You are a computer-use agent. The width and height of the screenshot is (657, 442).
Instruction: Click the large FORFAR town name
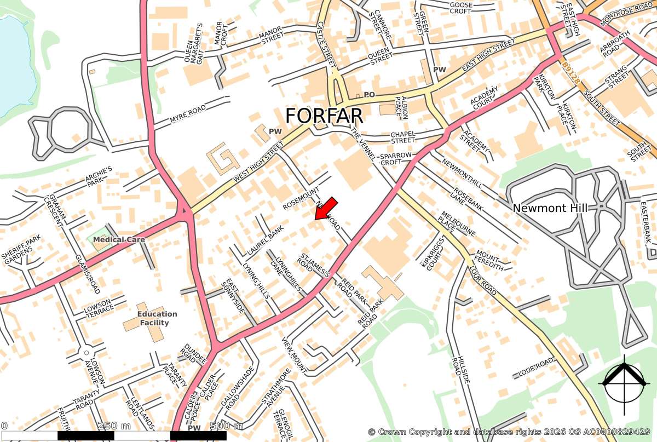(324, 116)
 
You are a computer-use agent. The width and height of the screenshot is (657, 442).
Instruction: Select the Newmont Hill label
(550, 208)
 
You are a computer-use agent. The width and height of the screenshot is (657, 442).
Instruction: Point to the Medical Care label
(119, 240)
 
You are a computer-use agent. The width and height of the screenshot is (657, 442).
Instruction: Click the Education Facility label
(157, 318)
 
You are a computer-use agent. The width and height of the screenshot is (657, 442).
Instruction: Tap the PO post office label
(370, 95)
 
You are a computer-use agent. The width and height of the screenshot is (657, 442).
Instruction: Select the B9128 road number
(570, 72)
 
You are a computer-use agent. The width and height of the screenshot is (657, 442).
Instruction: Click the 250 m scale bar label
(114, 426)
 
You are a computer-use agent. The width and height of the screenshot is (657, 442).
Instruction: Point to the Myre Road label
(187, 113)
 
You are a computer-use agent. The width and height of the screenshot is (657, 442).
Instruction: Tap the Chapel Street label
(407, 137)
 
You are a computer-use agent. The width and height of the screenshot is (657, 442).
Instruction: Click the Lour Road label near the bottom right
(537, 369)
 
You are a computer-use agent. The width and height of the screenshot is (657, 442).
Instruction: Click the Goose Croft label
(460, 8)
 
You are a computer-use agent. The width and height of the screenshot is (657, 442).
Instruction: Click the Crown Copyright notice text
(509, 432)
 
